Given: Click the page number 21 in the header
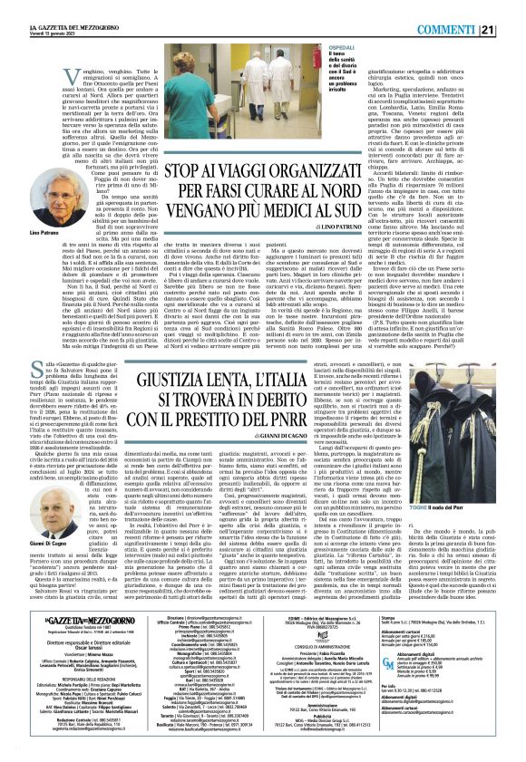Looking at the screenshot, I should [x=513, y=7].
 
